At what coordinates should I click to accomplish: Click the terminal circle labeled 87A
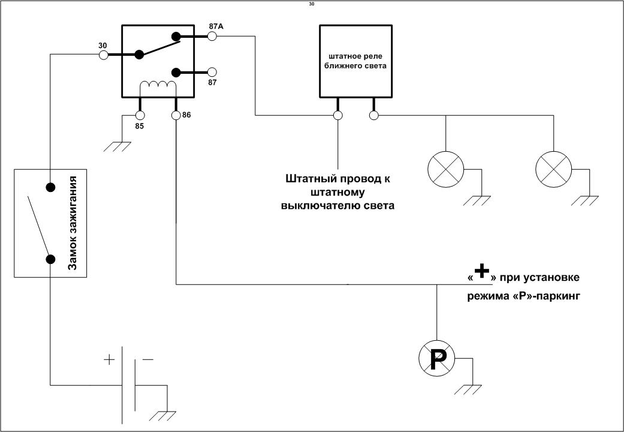212,37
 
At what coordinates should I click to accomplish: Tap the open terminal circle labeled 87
212,73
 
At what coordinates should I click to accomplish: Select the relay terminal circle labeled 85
140,115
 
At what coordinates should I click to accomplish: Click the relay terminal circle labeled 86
176,115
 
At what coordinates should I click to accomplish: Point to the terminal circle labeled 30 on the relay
103,55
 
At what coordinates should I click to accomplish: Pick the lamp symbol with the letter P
436,358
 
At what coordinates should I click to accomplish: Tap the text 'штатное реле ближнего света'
356,61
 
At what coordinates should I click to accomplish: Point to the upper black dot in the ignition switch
50,187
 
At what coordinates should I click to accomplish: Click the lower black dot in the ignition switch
50,259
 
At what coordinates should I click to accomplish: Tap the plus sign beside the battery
109,360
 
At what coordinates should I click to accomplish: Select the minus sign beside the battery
147,360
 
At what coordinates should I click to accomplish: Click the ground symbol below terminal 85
117,146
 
